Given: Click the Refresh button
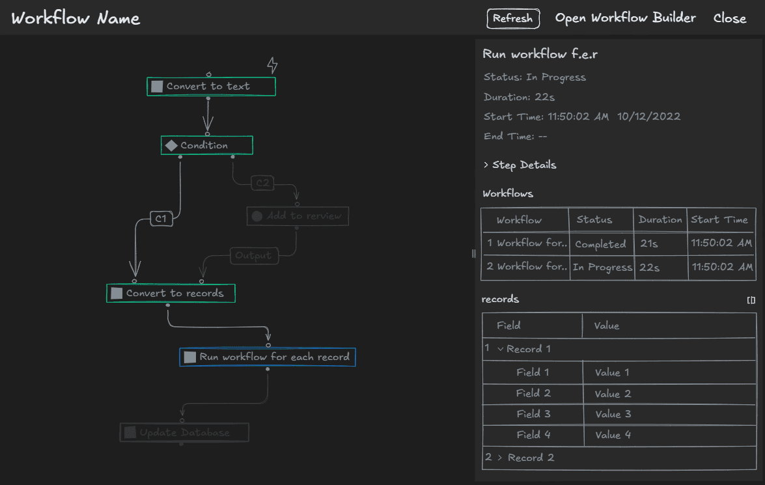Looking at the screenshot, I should (513, 19).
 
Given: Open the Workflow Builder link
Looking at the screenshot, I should (625, 18).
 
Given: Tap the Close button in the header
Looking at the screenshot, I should (729, 18).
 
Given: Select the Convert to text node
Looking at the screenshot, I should (211, 87).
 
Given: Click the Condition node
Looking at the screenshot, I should (206, 145).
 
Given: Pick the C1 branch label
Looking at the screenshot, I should (161, 219).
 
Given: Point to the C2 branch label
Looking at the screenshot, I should (262, 183).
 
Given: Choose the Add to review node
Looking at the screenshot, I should (298, 216).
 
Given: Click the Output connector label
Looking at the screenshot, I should (253, 256).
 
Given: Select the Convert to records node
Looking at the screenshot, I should (171, 294).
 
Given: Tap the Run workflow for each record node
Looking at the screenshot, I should (268, 357).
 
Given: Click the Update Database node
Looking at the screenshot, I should (184, 432).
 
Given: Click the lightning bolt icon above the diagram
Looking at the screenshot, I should (272, 65).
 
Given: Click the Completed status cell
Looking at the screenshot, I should (600, 244).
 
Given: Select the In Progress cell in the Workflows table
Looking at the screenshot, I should (602, 267).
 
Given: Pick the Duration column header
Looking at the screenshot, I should (660, 219).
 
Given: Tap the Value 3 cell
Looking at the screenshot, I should (612, 414).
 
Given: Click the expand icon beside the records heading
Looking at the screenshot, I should (751, 300).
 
